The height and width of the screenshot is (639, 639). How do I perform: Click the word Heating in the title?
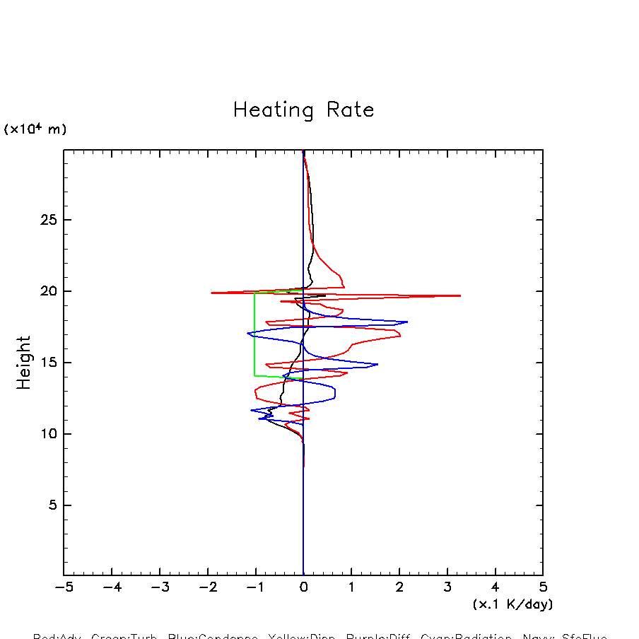click(x=273, y=111)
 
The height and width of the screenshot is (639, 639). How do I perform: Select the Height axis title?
click(x=24, y=362)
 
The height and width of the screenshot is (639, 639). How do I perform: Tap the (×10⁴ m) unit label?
click(x=35, y=129)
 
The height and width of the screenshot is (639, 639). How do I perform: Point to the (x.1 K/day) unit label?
click(x=512, y=604)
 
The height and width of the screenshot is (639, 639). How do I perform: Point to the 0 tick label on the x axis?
click(x=303, y=588)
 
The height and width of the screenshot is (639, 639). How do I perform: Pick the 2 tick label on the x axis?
click(x=399, y=588)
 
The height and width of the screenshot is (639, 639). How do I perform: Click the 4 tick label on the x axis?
click(x=495, y=588)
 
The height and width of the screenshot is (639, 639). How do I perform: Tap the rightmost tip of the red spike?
click(x=460, y=295)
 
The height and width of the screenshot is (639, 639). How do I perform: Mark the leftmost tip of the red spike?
click(x=211, y=293)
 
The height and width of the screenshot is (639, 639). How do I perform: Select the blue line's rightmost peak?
click(x=407, y=322)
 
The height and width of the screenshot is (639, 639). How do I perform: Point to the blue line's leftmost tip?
click(x=248, y=333)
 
